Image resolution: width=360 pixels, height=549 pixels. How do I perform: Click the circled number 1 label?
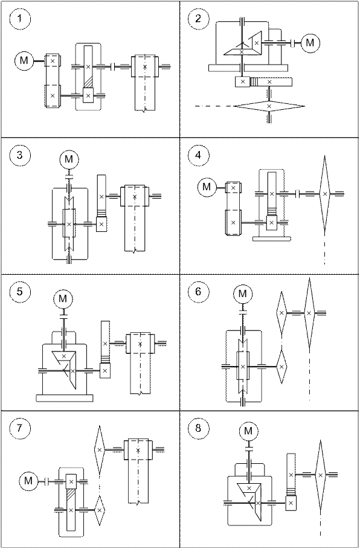click(19, 19)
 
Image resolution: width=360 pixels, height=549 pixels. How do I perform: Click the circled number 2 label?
click(198, 19)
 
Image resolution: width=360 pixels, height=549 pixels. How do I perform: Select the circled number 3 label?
click(19, 155)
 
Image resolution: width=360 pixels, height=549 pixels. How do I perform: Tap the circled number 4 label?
click(198, 155)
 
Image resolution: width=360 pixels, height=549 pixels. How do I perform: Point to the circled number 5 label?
click(19, 291)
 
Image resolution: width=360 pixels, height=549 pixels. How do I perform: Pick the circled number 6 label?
click(198, 291)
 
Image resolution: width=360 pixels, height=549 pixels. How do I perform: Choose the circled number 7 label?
click(19, 428)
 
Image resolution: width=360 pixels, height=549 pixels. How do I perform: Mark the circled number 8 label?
click(198, 428)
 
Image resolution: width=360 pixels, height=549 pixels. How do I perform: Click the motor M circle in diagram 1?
click(24, 60)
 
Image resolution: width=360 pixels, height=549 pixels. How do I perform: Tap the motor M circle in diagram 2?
click(310, 43)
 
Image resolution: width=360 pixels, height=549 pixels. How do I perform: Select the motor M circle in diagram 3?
click(69, 159)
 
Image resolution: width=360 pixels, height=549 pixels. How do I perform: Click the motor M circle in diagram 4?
click(207, 187)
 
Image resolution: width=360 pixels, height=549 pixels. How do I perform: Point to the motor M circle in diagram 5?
click(63, 299)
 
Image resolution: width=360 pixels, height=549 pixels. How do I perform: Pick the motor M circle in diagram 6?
click(243, 294)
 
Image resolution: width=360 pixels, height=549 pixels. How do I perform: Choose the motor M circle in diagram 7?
click(28, 480)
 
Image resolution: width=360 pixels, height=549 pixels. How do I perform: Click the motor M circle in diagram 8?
click(248, 431)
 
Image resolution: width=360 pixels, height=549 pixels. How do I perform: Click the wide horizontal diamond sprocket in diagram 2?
click(269, 106)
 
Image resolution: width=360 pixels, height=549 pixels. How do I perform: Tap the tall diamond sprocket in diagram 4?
click(324, 194)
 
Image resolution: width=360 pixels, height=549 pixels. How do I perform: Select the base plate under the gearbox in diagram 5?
click(65, 398)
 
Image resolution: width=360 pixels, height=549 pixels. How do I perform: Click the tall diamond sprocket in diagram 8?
click(320, 475)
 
